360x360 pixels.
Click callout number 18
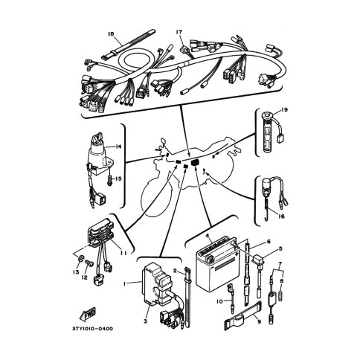111,33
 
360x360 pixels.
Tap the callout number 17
179,32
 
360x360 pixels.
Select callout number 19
284,109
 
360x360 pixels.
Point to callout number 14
118,147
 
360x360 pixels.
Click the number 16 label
281,216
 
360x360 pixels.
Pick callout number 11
123,253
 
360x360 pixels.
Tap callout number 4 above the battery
207,236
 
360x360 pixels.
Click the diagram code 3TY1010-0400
92,329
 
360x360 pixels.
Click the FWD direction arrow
87,314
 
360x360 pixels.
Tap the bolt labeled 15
109,179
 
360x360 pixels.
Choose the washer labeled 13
80,259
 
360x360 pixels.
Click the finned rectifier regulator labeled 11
100,233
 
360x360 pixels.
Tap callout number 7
280,263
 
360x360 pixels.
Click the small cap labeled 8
281,295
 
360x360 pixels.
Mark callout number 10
220,301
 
